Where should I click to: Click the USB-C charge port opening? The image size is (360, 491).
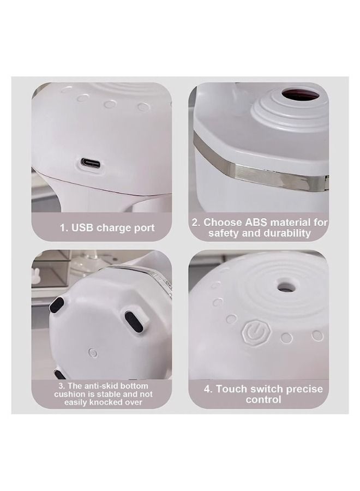tap(92, 163)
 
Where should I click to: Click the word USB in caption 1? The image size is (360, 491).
tap(82, 228)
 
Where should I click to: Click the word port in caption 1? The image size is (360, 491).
tap(143, 228)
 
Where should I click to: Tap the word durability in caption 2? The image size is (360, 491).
tap(286, 233)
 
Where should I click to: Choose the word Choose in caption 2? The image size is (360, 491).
tap(220, 223)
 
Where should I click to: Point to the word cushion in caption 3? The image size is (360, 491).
tap(70, 393)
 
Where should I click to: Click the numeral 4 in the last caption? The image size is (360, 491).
tap(207, 389)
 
